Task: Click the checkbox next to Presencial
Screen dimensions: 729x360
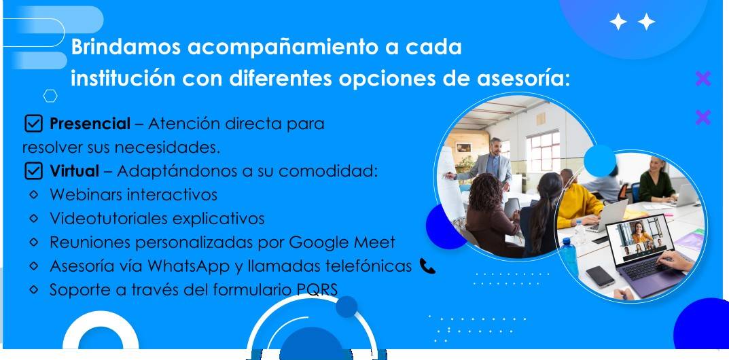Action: pyautogui.click(x=33, y=124)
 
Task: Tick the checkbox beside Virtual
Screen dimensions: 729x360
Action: pyautogui.click(x=33, y=171)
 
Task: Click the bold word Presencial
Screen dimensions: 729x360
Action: pyautogui.click(x=90, y=124)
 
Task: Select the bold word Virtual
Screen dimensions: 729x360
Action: pyautogui.click(x=74, y=171)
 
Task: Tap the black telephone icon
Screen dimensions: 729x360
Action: pyautogui.click(x=427, y=266)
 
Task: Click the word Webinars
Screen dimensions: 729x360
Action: pyautogui.click(x=86, y=194)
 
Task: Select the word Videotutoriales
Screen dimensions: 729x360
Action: pyautogui.click(x=109, y=218)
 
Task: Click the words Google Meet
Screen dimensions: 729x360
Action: pyautogui.click(x=342, y=242)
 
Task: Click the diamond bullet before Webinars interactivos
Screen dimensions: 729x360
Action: pyautogui.click(x=33, y=194)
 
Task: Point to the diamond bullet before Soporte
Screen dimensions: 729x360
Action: pyautogui.click(x=33, y=289)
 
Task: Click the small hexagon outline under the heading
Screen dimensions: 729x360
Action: pyautogui.click(x=50, y=96)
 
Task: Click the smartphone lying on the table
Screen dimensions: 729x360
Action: pyautogui.click(x=600, y=276)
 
